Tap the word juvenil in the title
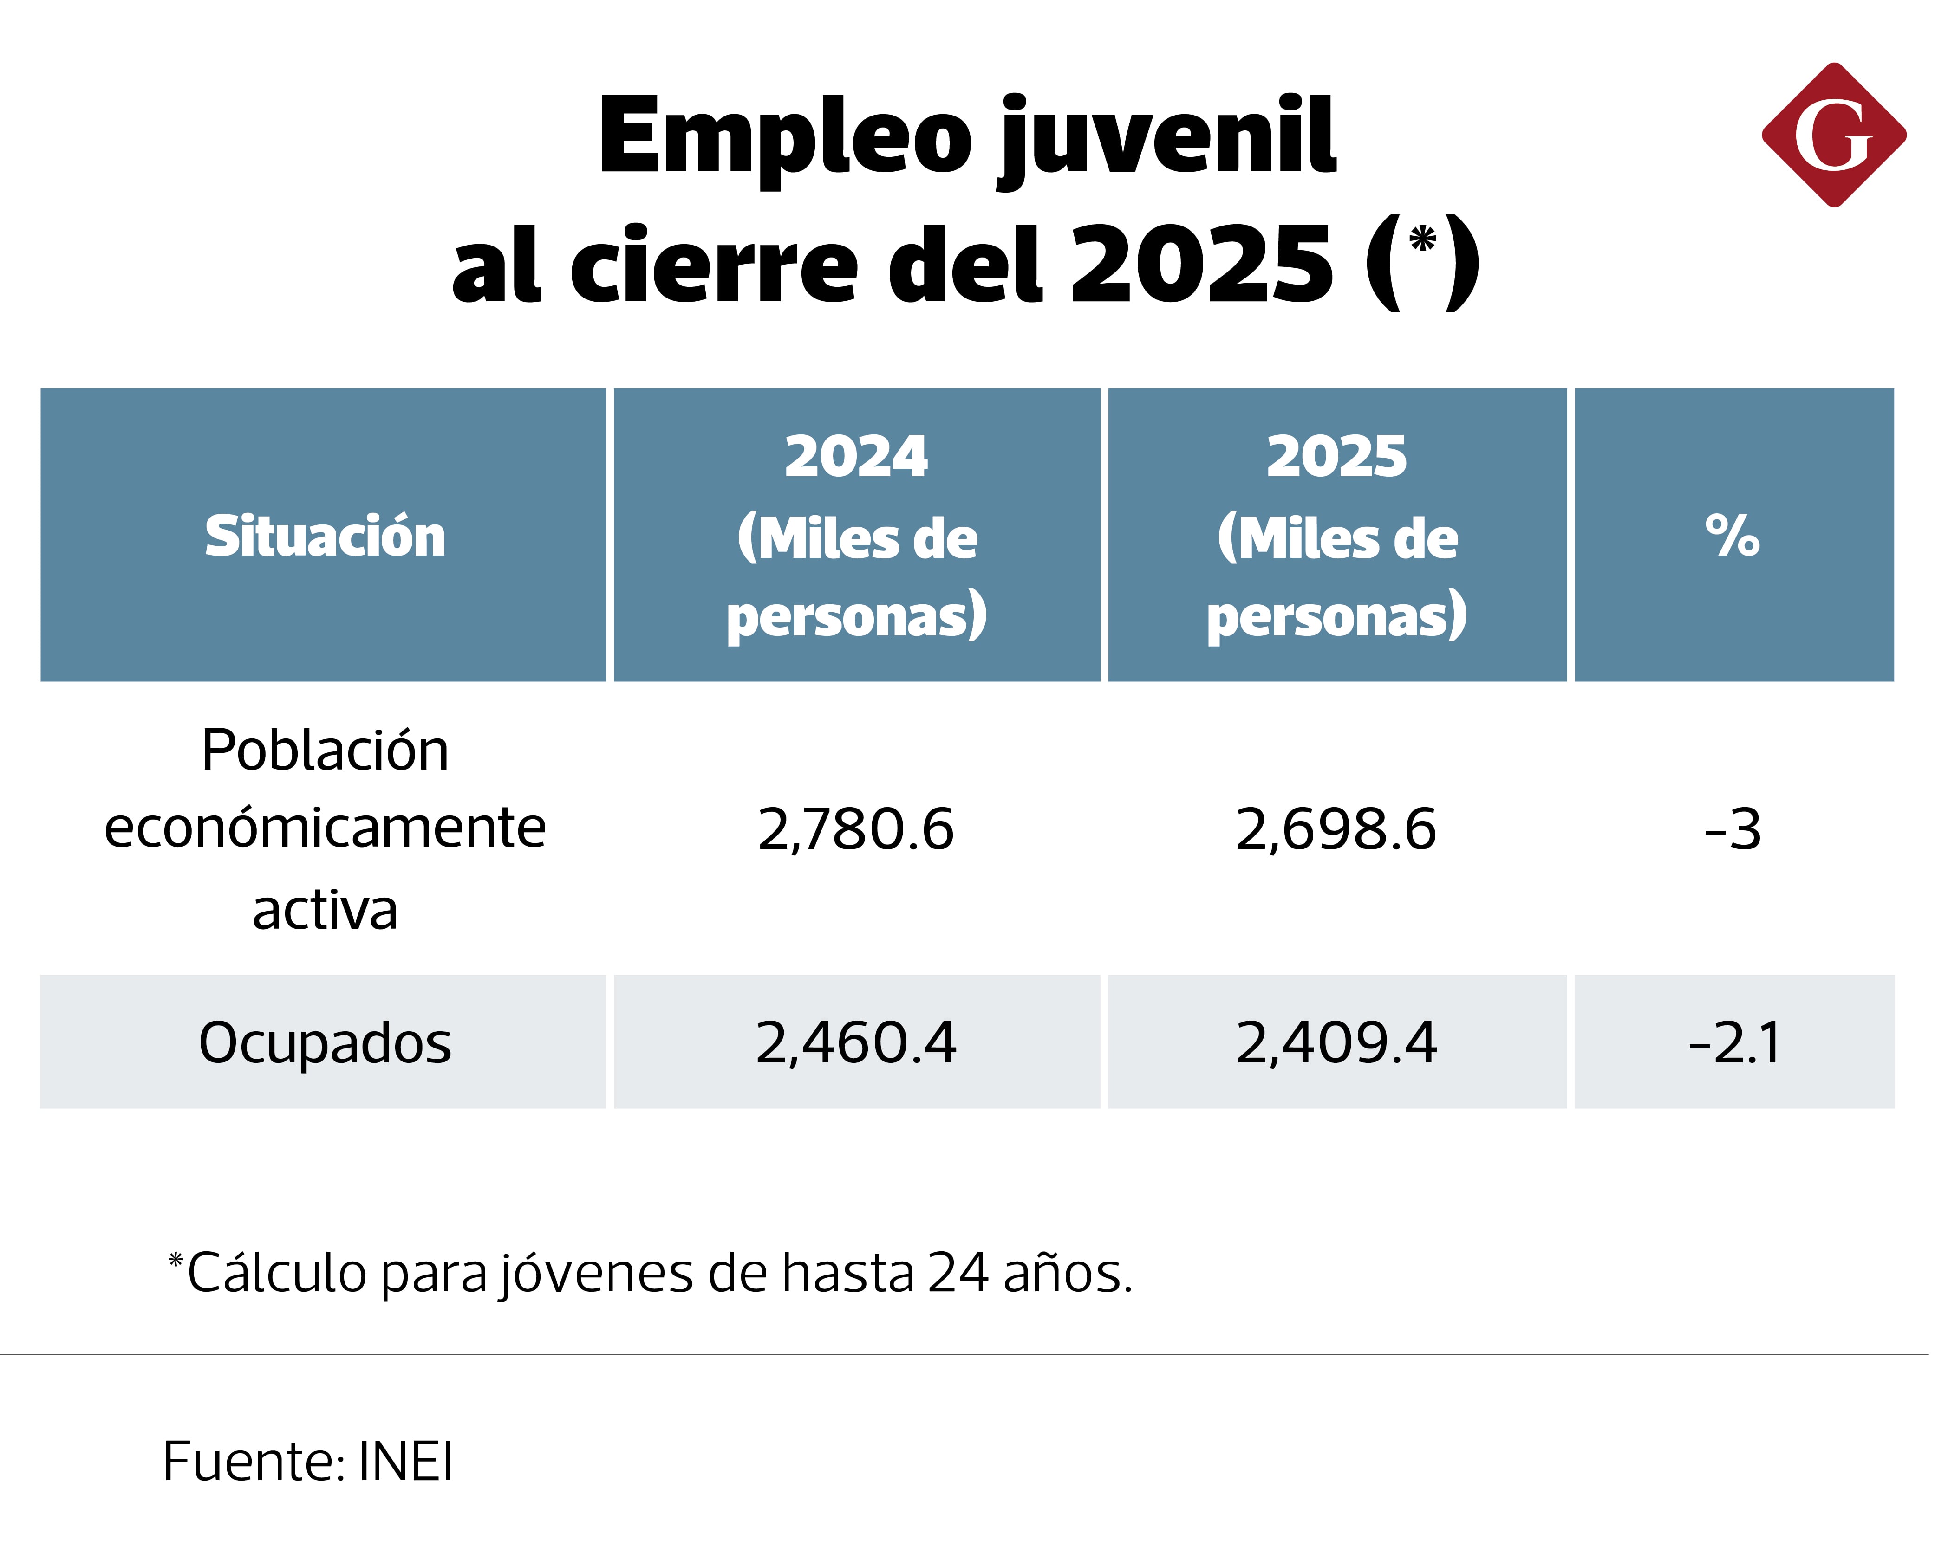point(1168,139)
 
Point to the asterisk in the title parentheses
point(1422,240)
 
